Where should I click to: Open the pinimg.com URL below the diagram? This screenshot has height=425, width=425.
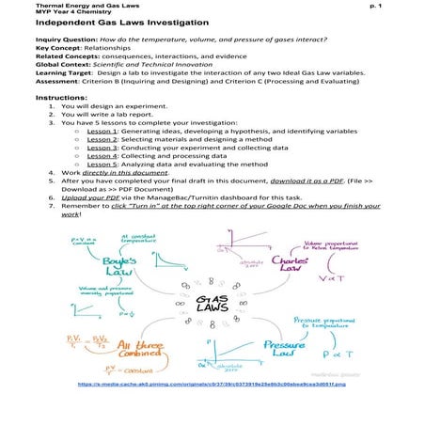[x=212, y=411]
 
